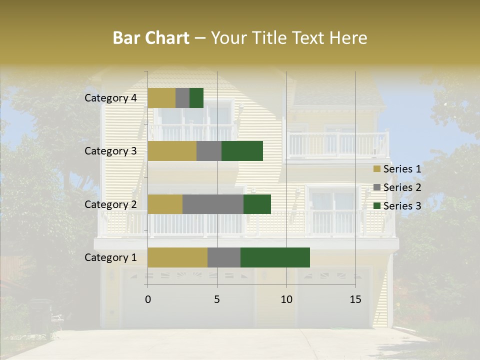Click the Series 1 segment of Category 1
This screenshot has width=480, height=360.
(177, 257)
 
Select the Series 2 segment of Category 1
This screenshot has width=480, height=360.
(224, 257)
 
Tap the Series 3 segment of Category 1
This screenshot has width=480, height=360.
(275, 257)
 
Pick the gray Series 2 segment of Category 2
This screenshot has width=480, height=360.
(213, 204)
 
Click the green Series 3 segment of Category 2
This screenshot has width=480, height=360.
(257, 204)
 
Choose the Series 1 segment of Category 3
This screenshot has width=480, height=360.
(172, 151)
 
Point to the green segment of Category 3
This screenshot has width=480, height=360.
(242, 151)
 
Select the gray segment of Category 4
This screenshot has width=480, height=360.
(182, 98)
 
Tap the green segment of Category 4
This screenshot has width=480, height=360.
(196, 98)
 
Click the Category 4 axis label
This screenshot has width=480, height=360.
(110, 98)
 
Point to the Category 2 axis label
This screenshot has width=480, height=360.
(110, 204)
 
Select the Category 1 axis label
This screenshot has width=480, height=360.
(110, 257)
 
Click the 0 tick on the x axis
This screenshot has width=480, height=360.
(148, 299)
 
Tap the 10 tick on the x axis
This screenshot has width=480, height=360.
(286, 299)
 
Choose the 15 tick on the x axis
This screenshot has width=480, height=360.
(355, 299)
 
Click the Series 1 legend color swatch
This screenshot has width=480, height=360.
(377, 169)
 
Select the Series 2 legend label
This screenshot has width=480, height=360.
(402, 187)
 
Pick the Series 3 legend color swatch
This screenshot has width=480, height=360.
(377, 206)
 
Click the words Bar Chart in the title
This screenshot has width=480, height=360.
(151, 38)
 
